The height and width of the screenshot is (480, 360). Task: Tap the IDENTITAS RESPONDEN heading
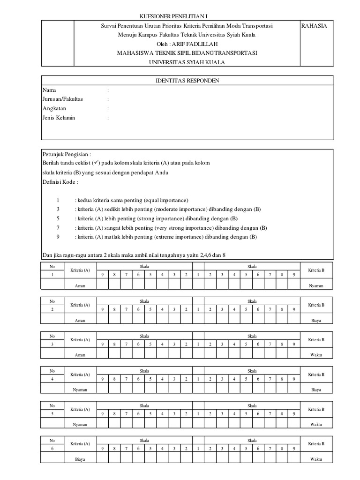tap(187, 81)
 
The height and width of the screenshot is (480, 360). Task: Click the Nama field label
tap(49, 90)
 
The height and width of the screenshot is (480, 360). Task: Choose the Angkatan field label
tap(53, 108)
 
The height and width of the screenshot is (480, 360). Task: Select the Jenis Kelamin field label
tap(59, 118)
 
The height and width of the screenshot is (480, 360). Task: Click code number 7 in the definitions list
tap(58, 228)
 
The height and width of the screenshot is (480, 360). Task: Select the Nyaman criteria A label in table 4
tap(80, 390)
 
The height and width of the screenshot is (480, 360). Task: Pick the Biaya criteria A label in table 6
tap(80, 459)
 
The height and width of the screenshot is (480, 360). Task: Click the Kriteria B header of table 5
tap(316, 409)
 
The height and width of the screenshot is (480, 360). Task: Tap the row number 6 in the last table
tap(52, 449)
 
